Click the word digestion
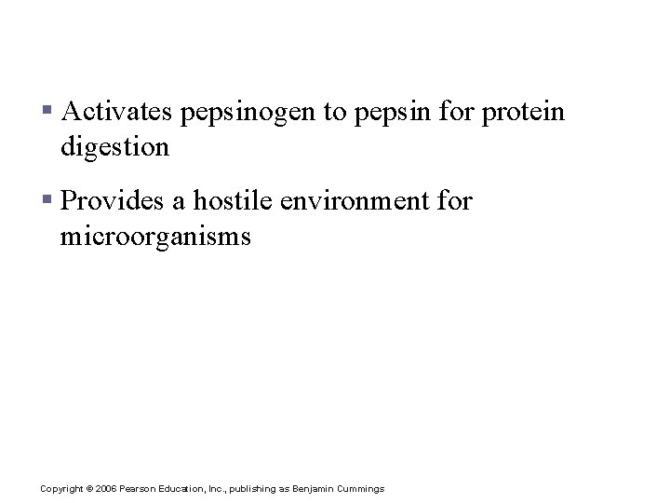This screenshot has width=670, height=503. click(114, 147)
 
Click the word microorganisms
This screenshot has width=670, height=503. click(155, 237)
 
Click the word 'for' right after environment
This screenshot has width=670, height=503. click(453, 202)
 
